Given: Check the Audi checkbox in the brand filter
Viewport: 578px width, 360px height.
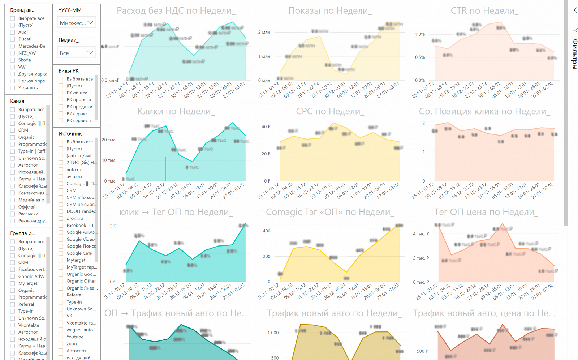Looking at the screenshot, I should (x=13, y=32).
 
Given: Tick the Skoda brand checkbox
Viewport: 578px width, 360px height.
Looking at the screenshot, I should (x=13, y=60).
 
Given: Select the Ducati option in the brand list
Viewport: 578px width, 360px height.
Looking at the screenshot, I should (x=13, y=39).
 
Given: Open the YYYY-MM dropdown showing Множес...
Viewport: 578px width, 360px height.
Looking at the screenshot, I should (x=77, y=23).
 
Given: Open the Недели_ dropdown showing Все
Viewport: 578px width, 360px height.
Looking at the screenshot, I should (x=77, y=53).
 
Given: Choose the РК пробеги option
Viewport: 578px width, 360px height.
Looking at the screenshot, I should (x=61, y=100).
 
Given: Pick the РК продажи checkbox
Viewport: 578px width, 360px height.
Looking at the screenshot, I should (x=61, y=107).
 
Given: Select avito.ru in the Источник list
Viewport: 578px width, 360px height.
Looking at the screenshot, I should (x=61, y=177).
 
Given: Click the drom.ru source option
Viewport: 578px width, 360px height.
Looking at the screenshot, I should (x=61, y=218).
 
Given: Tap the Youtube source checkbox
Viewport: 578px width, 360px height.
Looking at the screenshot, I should (x=61, y=337).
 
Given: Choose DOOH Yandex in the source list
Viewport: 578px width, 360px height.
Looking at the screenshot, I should (x=61, y=211).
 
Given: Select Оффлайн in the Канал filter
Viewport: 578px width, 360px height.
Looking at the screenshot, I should (x=13, y=207).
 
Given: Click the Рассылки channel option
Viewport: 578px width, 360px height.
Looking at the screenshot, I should (x=13, y=214).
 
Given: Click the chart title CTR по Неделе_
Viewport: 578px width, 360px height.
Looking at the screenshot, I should (x=484, y=11).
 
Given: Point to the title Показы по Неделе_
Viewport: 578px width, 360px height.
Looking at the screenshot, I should (x=330, y=11).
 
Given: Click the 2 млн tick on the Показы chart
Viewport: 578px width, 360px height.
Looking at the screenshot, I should (x=264, y=33).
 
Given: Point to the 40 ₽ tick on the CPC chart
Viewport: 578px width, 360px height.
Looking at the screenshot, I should (x=266, y=127).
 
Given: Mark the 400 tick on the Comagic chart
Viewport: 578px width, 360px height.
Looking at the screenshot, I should (x=267, y=231).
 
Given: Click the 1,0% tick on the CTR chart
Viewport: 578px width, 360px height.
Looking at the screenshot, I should (x=420, y=34).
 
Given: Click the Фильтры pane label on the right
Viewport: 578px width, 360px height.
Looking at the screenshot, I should (x=574, y=54).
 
